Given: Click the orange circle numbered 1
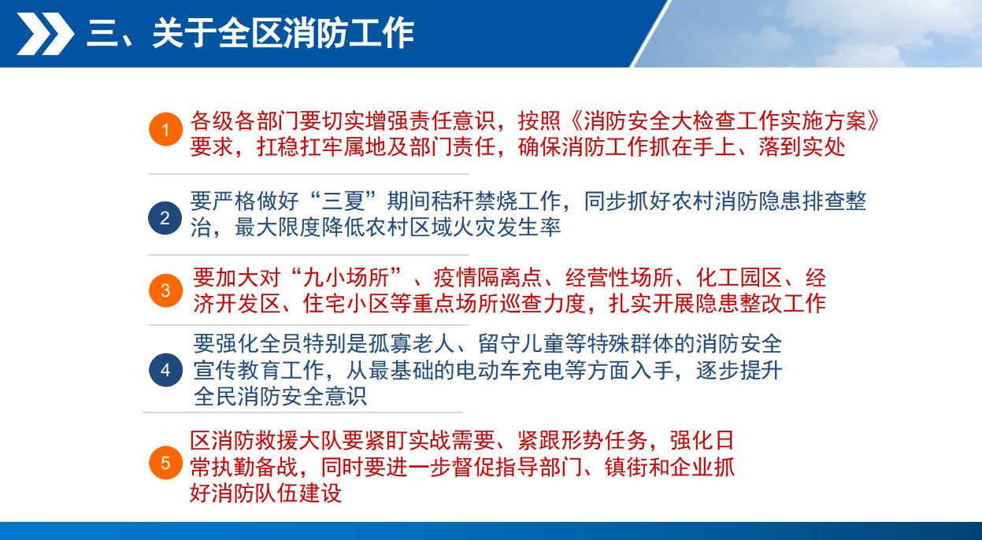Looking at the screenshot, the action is click(165, 129).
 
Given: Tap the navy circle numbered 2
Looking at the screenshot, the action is click(165, 218).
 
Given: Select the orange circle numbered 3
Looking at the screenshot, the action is click(165, 290).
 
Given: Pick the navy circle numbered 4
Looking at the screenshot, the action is click(165, 370).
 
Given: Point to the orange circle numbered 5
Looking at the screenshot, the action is click(165, 462).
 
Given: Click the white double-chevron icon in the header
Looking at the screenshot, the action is click(46, 34).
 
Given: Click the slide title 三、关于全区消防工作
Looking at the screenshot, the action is click(250, 33).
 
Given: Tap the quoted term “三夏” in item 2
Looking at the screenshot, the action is click(343, 202).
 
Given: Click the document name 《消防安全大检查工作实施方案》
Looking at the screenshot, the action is click(725, 120).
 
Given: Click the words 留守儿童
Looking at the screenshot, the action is click(521, 344).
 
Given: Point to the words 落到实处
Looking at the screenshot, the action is click(802, 147).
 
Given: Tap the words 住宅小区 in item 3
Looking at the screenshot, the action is click(346, 303).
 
